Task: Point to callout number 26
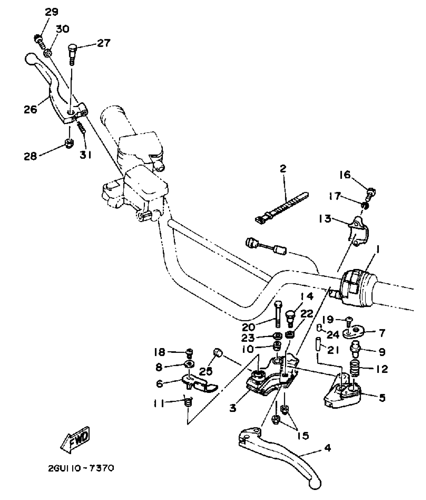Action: pos(30,110)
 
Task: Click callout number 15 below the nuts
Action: pos(303,436)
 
